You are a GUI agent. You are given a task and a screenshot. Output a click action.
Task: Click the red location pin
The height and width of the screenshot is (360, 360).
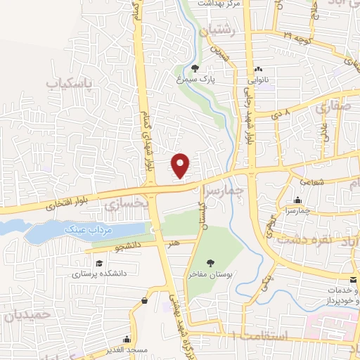[181, 165]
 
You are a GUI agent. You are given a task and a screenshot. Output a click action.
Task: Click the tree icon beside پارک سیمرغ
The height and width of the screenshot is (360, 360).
[195, 69]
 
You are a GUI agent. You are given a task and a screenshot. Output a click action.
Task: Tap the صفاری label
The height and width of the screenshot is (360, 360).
[332, 108]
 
